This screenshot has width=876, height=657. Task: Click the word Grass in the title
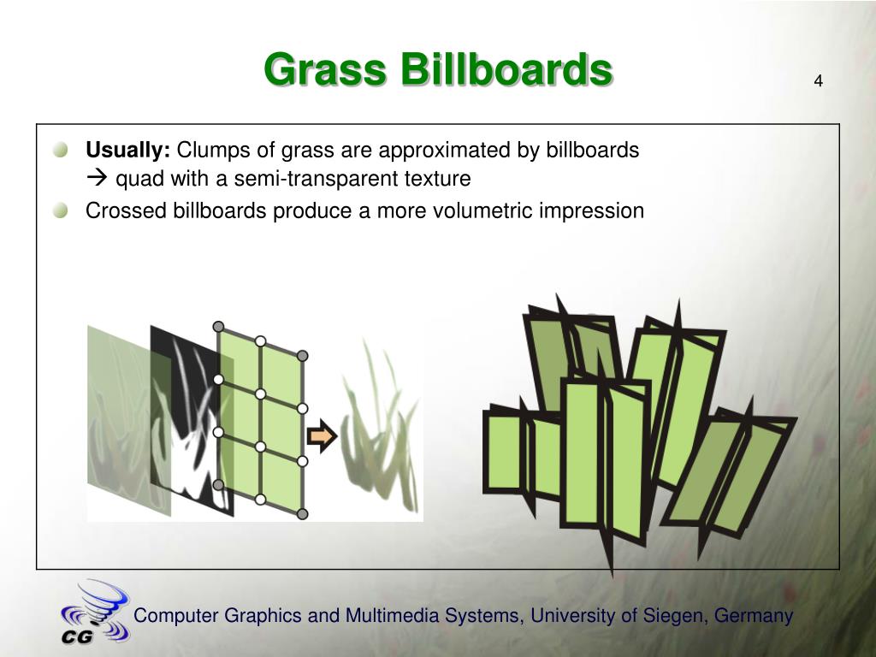pos(325,69)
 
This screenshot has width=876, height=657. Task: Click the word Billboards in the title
pos(506,69)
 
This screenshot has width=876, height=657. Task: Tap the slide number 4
pos(818,81)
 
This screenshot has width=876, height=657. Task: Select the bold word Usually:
pos(128,151)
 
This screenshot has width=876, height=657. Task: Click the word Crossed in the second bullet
pos(126,210)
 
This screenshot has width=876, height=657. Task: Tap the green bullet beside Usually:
pos(61,150)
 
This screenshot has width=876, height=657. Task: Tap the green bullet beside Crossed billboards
pos(61,211)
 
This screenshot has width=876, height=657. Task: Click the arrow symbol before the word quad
pos(98,179)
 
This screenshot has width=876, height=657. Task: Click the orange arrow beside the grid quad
pos(322,436)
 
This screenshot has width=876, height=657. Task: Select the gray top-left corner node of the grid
pos(218,327)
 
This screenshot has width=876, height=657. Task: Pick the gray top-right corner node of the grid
pos(302,356)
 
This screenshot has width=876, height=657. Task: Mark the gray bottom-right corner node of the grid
pos(302,513)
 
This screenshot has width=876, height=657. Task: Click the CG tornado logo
pos(95,613)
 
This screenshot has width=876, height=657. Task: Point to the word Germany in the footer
pos(754,616)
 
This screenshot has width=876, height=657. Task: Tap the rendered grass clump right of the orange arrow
pos(381,430)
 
